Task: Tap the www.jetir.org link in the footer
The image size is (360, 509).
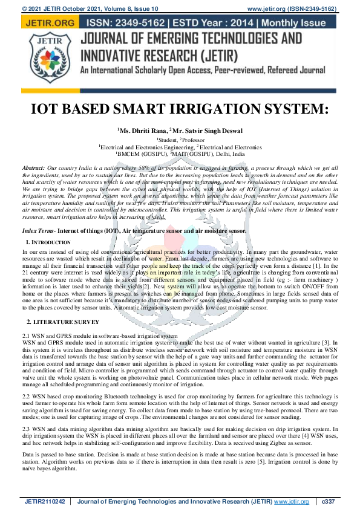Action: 292,501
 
